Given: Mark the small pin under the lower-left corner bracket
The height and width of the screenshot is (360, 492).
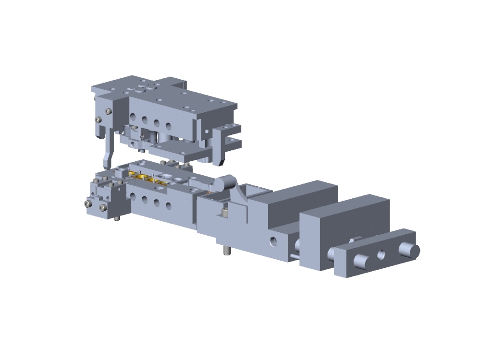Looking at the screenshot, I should (x=117, y=219).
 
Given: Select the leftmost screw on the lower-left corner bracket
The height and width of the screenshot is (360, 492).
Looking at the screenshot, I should (x=87, y=204).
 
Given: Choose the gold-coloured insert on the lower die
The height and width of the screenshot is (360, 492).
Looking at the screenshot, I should (x=144, y=178).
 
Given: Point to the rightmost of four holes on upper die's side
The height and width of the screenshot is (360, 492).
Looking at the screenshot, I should (x=169, y=126).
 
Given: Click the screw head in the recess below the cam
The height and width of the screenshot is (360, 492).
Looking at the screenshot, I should (x=224, y=212).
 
